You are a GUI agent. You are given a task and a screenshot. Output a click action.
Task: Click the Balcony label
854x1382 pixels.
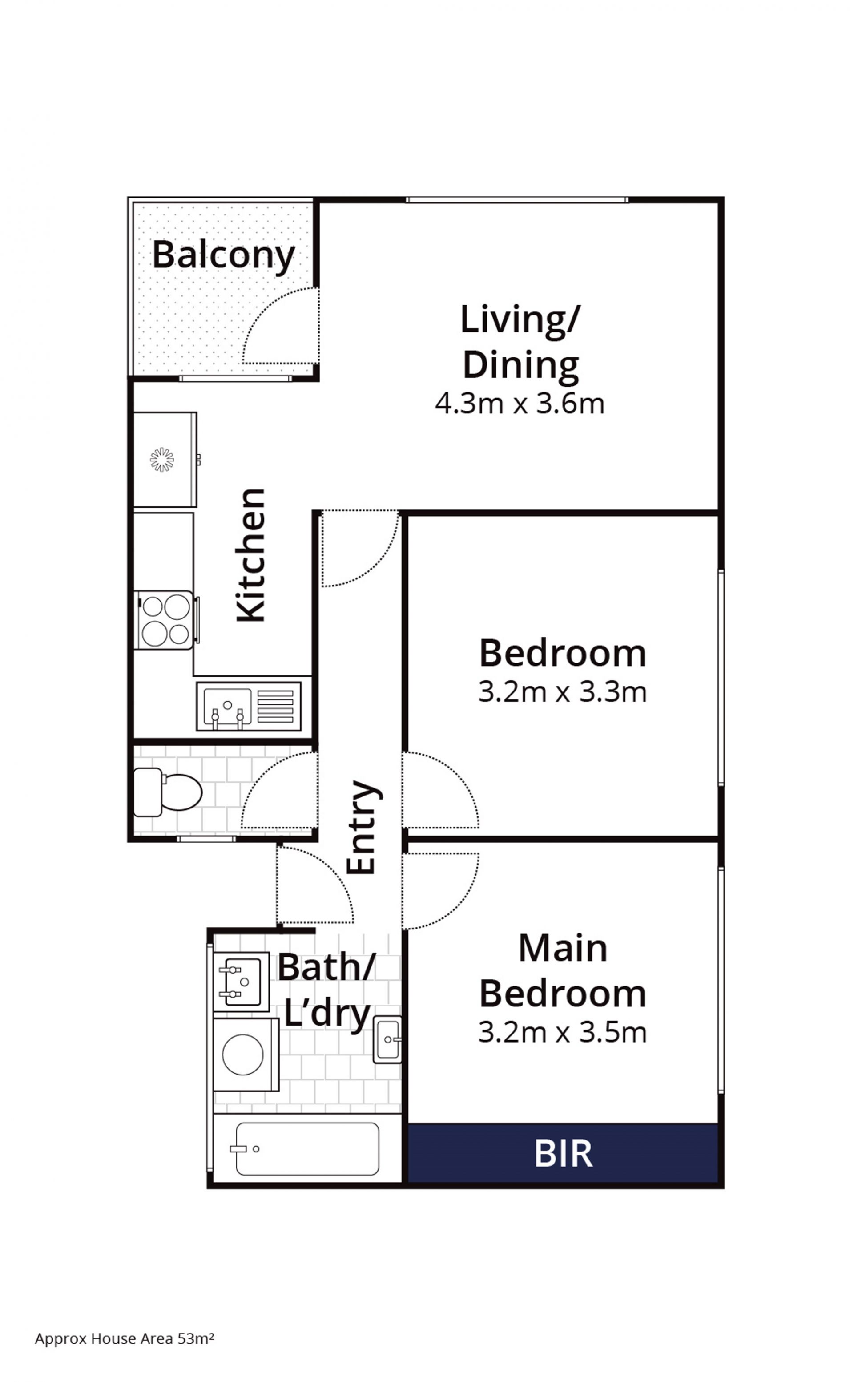(x=224, y=255)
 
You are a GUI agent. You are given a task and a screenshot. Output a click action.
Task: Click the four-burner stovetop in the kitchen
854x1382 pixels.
(x=165, y=620)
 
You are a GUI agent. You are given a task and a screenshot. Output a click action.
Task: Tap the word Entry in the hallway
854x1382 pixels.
(x=362, y=828)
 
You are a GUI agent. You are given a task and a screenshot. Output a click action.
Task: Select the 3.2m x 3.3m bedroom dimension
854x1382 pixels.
(x=562, y=692)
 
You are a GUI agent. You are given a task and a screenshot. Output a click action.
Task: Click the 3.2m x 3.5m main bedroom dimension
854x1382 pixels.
(x=562, y=1033)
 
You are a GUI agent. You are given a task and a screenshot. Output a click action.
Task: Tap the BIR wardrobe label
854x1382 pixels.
(x=563, y=1154)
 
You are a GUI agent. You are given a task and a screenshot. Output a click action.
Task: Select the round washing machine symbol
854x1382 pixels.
(x=243, y=1055)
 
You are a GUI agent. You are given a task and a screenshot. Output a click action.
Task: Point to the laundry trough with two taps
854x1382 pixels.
(x=241, y=982)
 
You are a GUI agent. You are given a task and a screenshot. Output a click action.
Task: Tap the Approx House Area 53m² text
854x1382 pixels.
(x=124, y=1338)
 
